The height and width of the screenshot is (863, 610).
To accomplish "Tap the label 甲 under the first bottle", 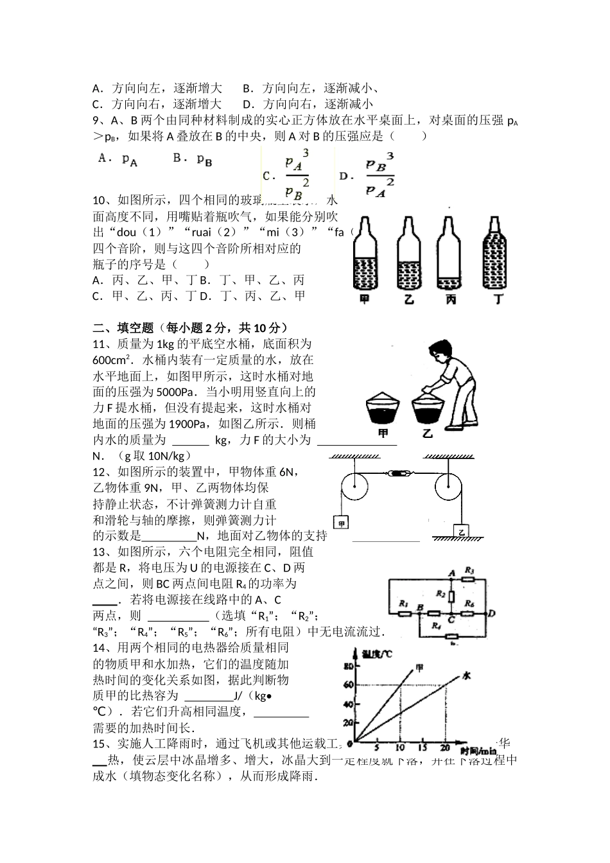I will [365, 299].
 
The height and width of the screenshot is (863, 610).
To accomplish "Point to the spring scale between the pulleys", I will [397, 475].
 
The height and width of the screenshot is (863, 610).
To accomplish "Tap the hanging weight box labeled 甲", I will [342, 523].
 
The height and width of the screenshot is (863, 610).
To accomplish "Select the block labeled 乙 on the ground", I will [461, 531].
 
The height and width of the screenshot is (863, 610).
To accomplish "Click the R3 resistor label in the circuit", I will [469, 570].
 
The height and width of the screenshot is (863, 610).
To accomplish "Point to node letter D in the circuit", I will [491, 613].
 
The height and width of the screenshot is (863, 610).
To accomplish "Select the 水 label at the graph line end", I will [466, 676].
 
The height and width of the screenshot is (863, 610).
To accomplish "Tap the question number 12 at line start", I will [99, 472].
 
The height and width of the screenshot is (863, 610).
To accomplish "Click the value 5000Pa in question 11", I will [176, 392].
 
